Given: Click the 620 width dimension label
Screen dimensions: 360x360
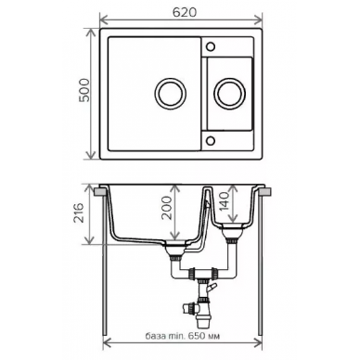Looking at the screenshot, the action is tap(185, 12).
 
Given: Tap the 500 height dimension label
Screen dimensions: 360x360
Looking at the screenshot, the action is tap(84, 90).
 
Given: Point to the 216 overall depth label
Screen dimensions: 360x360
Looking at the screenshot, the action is tap(79, 212).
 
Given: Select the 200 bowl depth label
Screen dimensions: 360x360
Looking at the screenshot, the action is tap(167, 208).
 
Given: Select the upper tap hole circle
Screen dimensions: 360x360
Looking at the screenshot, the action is tap(211, 46).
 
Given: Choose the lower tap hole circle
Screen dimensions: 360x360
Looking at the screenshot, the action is tap(211, 140).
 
